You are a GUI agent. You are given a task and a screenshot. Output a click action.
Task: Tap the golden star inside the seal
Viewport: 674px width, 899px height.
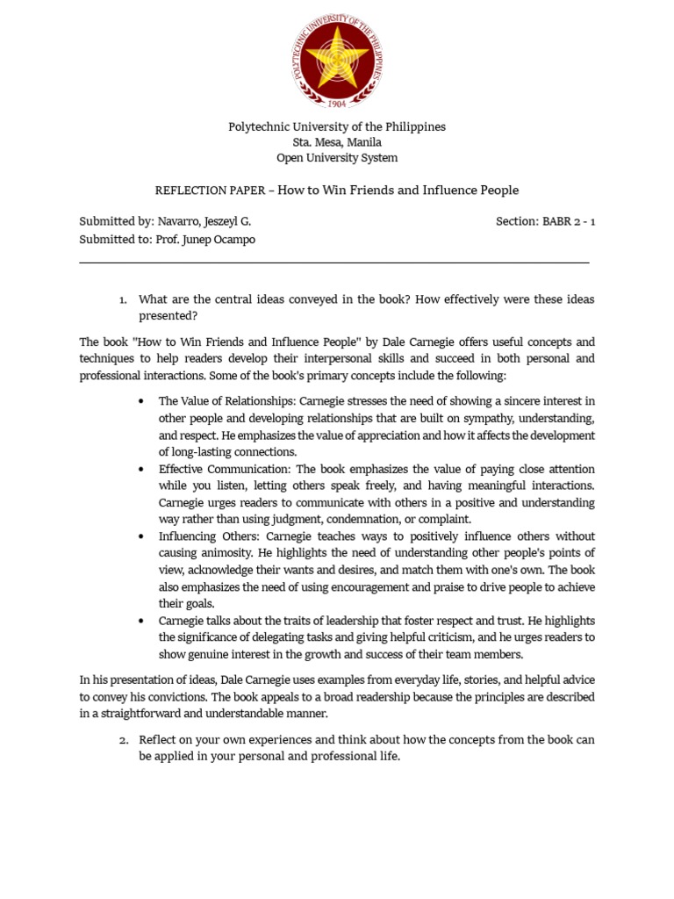[338, 57]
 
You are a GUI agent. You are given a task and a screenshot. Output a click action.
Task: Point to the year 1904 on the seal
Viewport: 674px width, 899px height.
[337, 103]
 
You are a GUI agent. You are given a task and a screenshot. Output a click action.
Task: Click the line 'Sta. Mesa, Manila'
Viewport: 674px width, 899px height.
[337, 142]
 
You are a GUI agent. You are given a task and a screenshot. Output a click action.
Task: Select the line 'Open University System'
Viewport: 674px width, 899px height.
[337, 158]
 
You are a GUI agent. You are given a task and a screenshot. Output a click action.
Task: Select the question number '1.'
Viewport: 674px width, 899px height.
[124, 300]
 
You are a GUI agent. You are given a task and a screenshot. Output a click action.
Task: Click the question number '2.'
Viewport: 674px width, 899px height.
[124, 740]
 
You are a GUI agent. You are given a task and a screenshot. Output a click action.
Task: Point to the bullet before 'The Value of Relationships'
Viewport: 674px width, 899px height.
[140, 401]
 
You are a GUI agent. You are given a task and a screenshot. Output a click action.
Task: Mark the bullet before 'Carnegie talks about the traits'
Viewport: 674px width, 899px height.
[140, 621]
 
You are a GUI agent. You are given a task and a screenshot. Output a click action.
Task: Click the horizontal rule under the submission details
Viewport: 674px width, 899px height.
[333, 262]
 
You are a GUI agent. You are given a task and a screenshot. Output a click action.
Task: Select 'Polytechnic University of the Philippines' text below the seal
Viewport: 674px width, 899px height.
[337, 126]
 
